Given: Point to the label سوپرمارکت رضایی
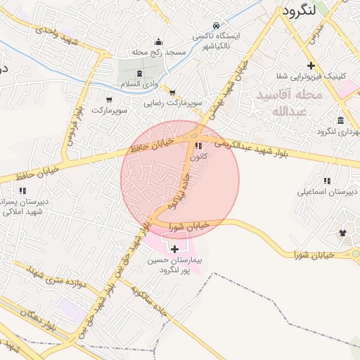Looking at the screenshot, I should click(173, 103).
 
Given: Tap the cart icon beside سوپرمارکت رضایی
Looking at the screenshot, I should click(172, 91).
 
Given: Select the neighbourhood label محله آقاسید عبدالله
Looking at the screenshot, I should click(289, 103).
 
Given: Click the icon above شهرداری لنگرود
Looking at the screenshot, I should click(340, 119).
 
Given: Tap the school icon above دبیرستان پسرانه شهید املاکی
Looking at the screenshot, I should click(23, 190).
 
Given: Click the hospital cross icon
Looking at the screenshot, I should click(174, 249).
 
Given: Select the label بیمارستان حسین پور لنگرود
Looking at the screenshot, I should click(174, 265).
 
